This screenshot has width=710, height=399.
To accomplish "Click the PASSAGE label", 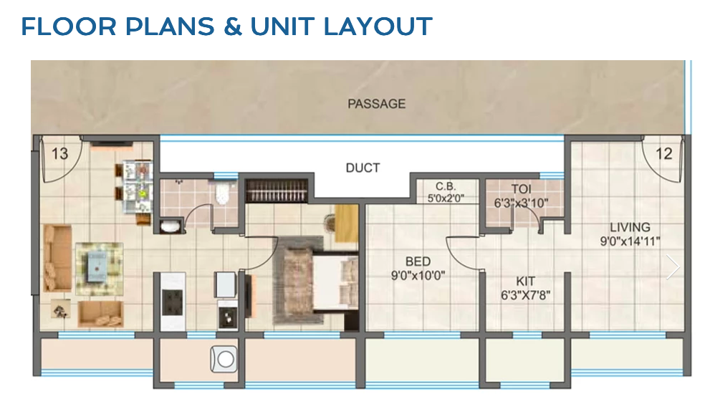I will click(376, 104).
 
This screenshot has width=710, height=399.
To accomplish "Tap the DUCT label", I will click(363, 168).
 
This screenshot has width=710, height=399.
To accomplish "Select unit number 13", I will click(59, 153).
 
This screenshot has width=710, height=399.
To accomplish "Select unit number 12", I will click(663, 153).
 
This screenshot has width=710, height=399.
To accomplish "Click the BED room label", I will click(418, 262).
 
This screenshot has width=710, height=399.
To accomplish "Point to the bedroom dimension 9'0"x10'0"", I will click(418, 275).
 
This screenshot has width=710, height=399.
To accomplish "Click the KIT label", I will click(525, 282).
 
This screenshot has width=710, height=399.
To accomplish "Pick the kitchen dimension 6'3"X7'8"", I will click(525, 294).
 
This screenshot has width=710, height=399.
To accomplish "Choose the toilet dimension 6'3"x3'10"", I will click(521, 203).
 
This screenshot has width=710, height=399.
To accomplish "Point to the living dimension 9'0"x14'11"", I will click(630, 241).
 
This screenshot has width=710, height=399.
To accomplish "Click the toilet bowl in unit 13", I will click(223, 193).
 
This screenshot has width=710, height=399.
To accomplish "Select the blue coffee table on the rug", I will click(99, 265).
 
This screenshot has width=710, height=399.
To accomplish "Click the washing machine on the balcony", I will click(224, 358).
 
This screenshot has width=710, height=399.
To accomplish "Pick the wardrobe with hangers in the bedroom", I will click(278, 191).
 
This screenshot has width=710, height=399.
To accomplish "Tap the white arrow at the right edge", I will click(673, 266).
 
